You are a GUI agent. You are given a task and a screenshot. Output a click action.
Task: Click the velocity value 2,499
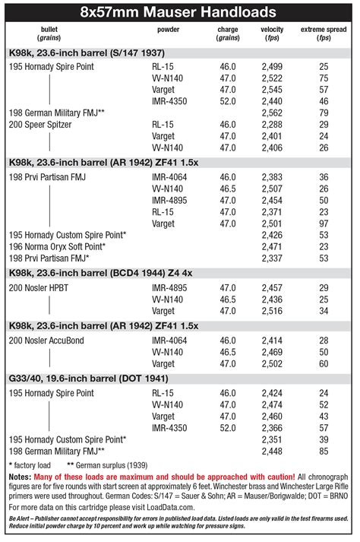(x=271, y=67)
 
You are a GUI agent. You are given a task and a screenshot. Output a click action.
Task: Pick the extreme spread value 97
(x=324, y=223)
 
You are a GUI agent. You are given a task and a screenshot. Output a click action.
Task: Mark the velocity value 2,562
(x=271, y=113)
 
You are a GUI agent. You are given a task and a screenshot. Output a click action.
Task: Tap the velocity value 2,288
(x=271, y=124)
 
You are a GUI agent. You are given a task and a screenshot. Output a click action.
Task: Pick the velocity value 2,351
(x=271, y=439)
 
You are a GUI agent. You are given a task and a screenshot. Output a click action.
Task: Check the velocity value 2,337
(x=271, y=258)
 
